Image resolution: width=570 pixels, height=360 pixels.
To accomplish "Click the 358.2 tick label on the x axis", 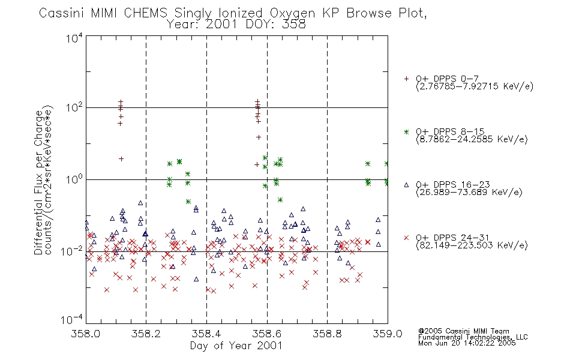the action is point(146,334).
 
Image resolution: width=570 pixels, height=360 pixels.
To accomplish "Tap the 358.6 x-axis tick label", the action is point(267,334).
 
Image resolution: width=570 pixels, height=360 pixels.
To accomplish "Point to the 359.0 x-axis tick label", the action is point(388,334).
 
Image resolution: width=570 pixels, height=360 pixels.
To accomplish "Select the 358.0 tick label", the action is point(86,334).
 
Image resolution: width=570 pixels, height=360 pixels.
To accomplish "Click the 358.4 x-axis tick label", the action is point(206,334).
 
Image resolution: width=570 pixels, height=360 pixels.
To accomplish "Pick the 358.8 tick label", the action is point(327,334).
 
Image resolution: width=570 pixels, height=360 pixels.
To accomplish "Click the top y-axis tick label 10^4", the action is point(74,38).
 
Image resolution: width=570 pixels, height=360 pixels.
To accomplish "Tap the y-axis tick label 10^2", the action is point(74,107).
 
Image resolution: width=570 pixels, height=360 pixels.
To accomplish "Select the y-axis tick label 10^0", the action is point(74,179).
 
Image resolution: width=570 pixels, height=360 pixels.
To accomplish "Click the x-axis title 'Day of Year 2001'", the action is point(236,346).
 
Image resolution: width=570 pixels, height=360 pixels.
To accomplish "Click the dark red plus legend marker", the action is point(406,79).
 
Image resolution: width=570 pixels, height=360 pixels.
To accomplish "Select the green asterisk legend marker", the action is point(406,132).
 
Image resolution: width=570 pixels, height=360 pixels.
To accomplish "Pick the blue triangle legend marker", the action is point(406,185).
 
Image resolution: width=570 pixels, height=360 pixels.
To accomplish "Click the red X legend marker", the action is point(406,238).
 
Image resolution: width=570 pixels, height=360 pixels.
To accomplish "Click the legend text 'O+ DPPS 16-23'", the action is point(453,185).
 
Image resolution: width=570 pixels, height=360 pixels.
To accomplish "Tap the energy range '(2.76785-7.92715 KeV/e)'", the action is point(475,86).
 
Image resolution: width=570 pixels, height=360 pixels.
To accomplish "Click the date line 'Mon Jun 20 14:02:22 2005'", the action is point(467,343).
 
